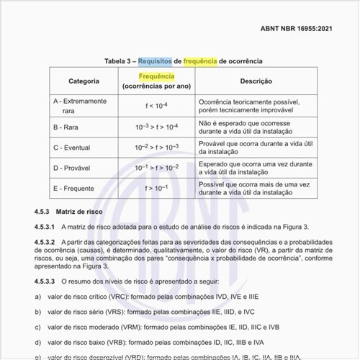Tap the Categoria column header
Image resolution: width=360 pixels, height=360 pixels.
[x=84, y=81]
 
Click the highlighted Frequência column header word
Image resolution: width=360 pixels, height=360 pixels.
[x=156, y=76]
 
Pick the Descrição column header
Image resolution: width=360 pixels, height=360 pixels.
[x=256, y=81]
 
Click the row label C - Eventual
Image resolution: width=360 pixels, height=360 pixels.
[x=77, y=148]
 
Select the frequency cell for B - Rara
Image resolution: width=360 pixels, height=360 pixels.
[x=156, y=127]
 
